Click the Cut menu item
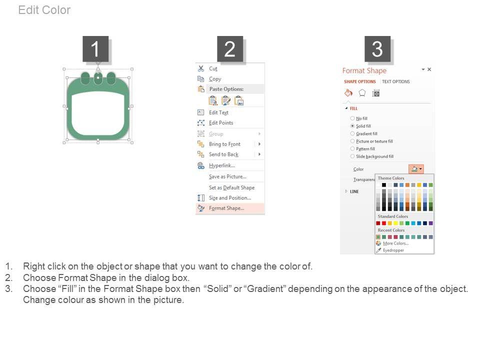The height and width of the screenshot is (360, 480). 213,69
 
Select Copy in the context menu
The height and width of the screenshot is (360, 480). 215,79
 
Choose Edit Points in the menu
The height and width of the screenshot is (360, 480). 220,123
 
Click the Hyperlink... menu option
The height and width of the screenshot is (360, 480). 221,165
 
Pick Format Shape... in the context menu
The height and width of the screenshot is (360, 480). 226,208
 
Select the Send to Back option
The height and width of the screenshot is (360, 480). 223,154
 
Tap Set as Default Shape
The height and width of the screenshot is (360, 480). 231,187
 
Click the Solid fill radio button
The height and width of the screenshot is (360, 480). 352,126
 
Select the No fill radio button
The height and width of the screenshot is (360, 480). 352,118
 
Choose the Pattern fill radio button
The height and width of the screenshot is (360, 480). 352,149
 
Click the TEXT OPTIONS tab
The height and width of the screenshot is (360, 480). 395,81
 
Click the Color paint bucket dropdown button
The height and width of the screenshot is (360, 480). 416,169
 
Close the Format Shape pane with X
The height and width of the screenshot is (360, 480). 429,69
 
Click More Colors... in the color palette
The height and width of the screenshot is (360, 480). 395,243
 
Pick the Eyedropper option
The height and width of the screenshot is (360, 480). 393,250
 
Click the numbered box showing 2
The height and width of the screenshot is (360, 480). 230,49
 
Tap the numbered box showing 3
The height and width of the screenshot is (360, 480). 377,49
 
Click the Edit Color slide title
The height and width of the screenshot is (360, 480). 44,10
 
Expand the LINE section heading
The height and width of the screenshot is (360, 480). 354,191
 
